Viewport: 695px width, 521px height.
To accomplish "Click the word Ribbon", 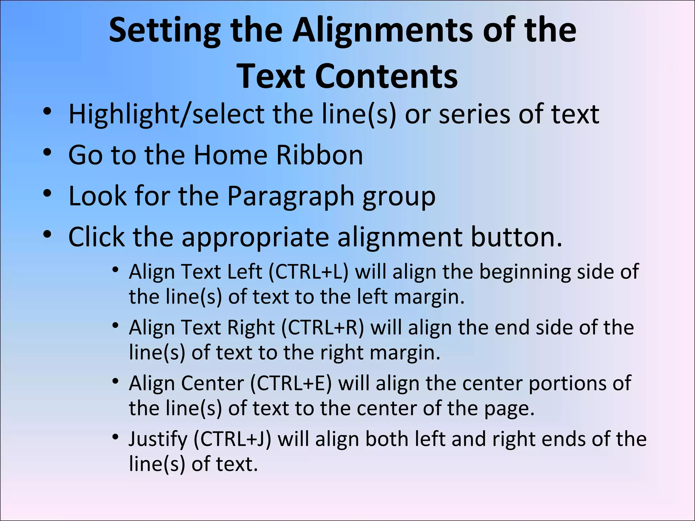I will pyautogui.click(x=319, y=155).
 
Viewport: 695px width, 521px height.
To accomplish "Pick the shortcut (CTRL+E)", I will pyautogui.click(x=291, y=384).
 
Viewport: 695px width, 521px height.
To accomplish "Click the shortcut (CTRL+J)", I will pyautogui.click(x=232, y=439).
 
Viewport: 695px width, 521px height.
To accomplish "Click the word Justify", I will pyautogui.click(x=158, y=439).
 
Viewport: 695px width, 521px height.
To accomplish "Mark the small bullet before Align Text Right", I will pyautogui.click(x=115, y=326).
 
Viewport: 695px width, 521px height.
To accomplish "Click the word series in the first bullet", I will pyautogui.click(x=475, y=114).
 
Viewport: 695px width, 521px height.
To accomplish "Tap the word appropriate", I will pyautogui.click(x=255, y=237).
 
